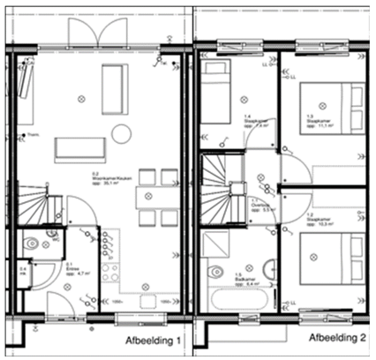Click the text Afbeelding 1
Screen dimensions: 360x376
click(152, 340)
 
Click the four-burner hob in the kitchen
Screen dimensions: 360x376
click(109, 270)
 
